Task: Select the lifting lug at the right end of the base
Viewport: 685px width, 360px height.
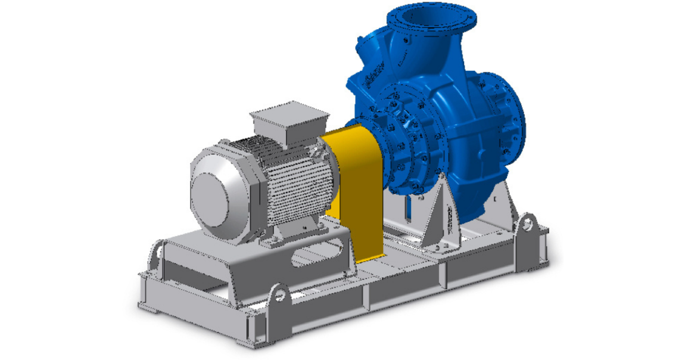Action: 527,225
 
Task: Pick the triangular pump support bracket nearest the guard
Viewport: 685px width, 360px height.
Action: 441,215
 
